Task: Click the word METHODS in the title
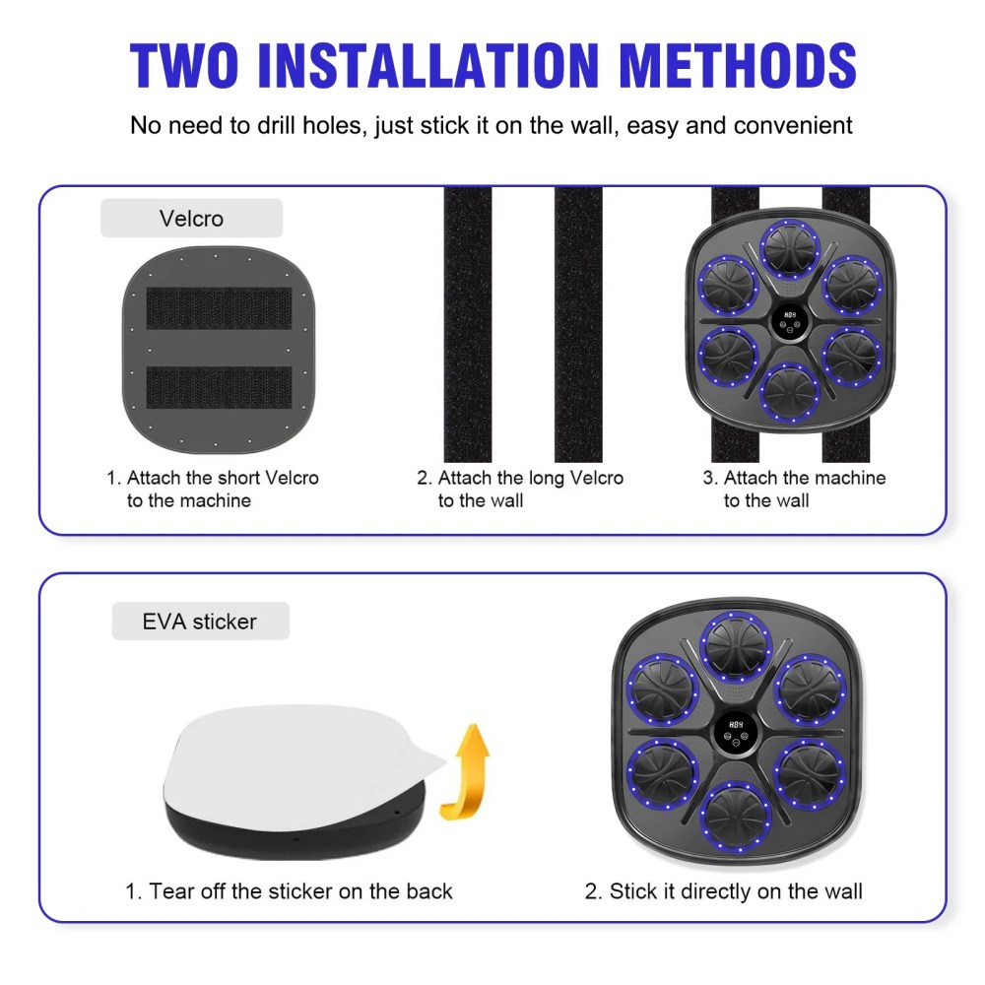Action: (738, 65)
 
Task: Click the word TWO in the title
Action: (184, 65)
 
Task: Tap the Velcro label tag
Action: (192, 218)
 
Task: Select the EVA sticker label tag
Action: (200, 622)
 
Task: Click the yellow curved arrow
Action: (466, 771)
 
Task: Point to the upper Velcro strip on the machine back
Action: (220, 308)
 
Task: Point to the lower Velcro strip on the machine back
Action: (220, 387)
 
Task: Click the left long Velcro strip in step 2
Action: (467, 324)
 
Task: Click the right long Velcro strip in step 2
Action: (578, 324)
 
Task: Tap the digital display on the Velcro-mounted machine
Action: (790, 320)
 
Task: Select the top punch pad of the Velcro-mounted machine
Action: (790, 249)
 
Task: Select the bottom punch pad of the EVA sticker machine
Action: (736, 817)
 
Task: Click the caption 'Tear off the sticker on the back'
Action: (289, 890)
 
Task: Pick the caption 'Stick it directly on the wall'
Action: (724, 890)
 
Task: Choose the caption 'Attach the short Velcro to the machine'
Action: (213, 489)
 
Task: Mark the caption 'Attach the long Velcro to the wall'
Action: (520, 489)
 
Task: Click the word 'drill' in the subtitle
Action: (275, 125)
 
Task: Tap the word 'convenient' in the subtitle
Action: (793, 125)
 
